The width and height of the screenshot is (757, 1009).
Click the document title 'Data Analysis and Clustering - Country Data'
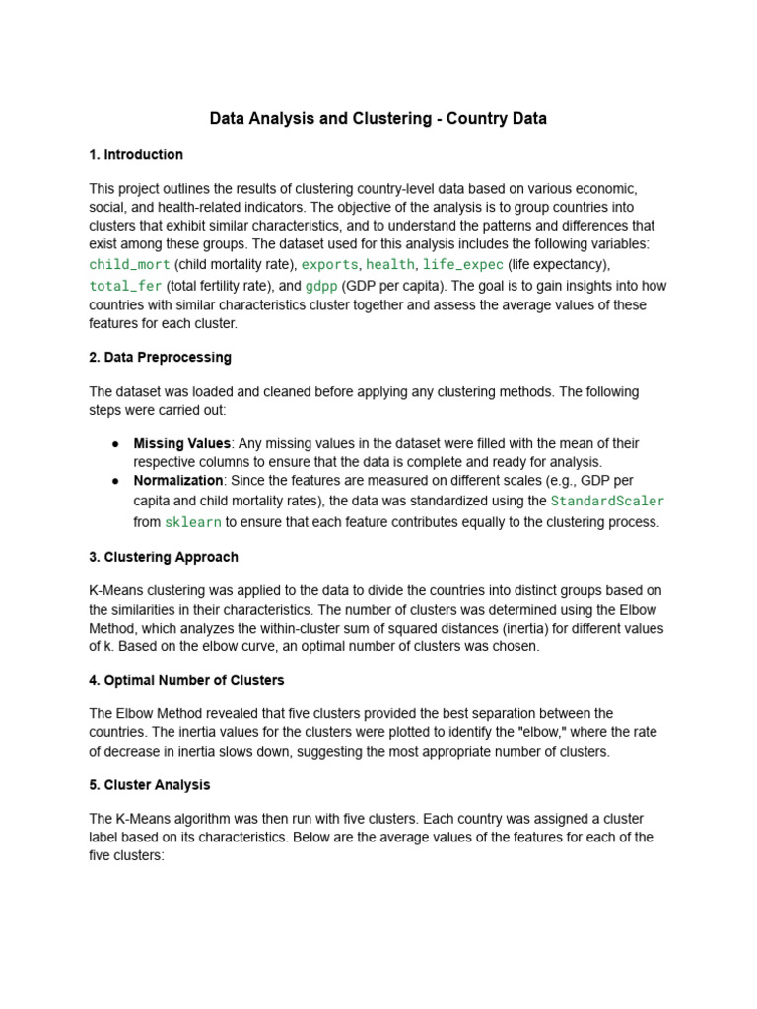pos(378,119)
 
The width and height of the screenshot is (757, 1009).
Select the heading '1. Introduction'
pos(136,155)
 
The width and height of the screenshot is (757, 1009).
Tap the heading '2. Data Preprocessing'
pos(160,357)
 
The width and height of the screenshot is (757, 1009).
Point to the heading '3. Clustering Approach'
pos(164,557)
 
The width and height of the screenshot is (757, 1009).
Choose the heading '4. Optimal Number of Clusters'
pos(186,680)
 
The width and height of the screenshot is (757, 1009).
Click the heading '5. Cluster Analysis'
pos(150,785)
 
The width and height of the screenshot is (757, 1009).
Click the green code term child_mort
pos(130,265)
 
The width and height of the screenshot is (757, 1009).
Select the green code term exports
pos(329,265)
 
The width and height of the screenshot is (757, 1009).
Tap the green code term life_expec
pos(462,265)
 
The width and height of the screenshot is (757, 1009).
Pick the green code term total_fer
pos(125,286)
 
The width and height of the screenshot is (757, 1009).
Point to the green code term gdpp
pos(320,286)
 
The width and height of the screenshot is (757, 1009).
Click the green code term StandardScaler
pos(607,501)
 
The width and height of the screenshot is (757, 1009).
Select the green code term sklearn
pos(194,522)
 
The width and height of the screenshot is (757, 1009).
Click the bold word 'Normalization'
pos(178,480)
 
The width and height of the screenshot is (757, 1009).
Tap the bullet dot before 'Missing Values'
pos(116,444)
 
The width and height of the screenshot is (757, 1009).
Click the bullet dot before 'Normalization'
pos(116,481)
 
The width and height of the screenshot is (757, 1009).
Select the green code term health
pos(390,265)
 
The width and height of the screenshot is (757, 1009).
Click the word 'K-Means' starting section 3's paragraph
pos(114,590)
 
